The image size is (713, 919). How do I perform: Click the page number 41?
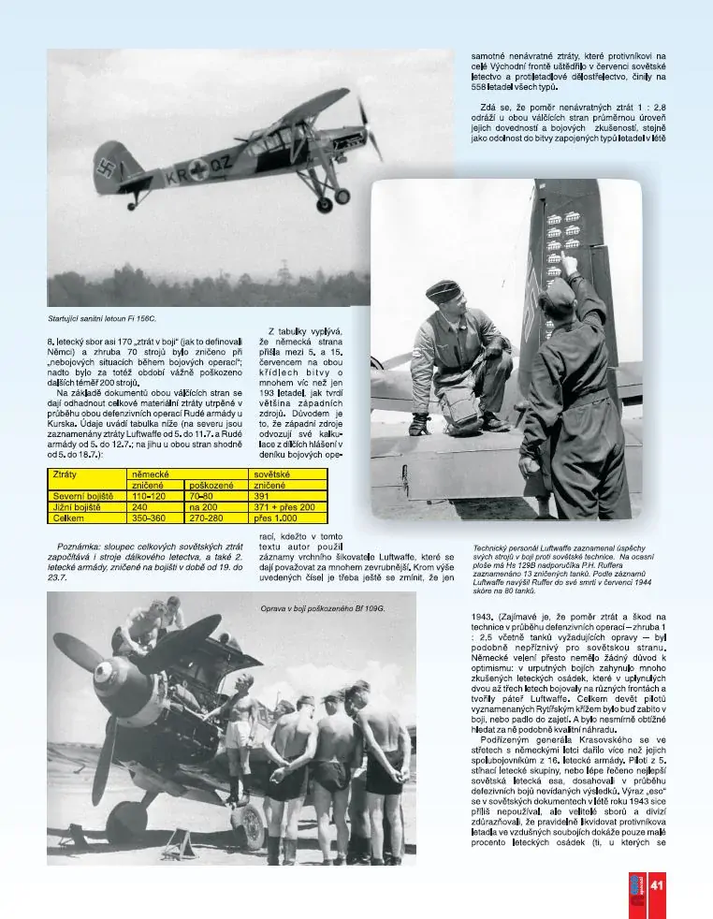(x=657, y=886)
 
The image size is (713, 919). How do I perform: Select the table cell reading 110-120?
(x=149, y=496)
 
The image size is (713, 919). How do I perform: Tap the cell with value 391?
(x=263, y=496)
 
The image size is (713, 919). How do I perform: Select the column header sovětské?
(x=271, y=475)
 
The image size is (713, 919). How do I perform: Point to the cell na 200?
(x=203, y=506)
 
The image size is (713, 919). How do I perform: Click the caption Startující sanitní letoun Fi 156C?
(x=102, y=319)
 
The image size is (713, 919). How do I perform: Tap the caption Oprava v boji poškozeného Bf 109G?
(x=323, y=608)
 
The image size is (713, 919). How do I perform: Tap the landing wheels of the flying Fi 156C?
(x=332, y=197)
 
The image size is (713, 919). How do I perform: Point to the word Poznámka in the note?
(x=79, y=545)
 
